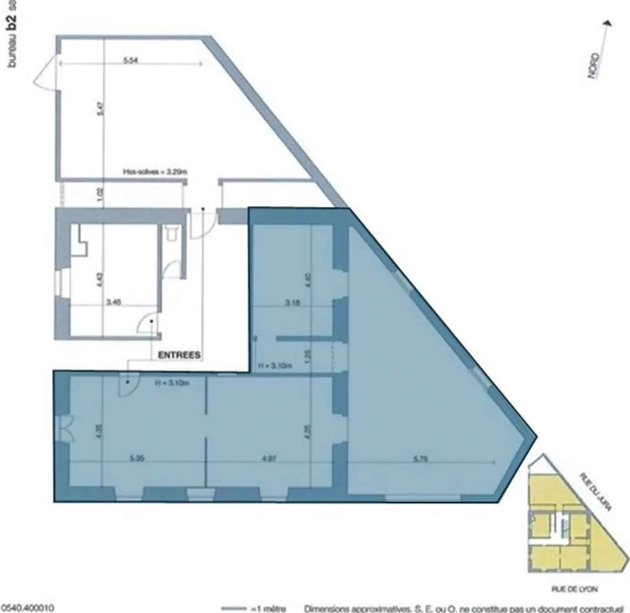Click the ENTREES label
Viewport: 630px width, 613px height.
179,355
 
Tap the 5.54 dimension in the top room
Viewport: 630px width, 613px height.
130,60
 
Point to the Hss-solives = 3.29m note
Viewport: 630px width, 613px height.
155,172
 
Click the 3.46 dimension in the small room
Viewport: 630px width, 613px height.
114,302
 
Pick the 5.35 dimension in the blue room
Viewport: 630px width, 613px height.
137,459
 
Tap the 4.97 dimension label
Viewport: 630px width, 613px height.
269,459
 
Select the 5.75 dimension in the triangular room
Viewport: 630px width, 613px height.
420,459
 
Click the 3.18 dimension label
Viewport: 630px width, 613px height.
292,302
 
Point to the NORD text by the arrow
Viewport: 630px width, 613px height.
593,66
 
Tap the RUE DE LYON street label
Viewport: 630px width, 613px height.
574,589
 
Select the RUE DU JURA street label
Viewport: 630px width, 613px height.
595,492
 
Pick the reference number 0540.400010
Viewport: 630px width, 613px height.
27,608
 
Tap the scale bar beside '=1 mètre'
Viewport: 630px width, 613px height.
234,608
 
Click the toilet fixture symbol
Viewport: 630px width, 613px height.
171,233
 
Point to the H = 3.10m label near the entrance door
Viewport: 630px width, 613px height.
172,384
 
